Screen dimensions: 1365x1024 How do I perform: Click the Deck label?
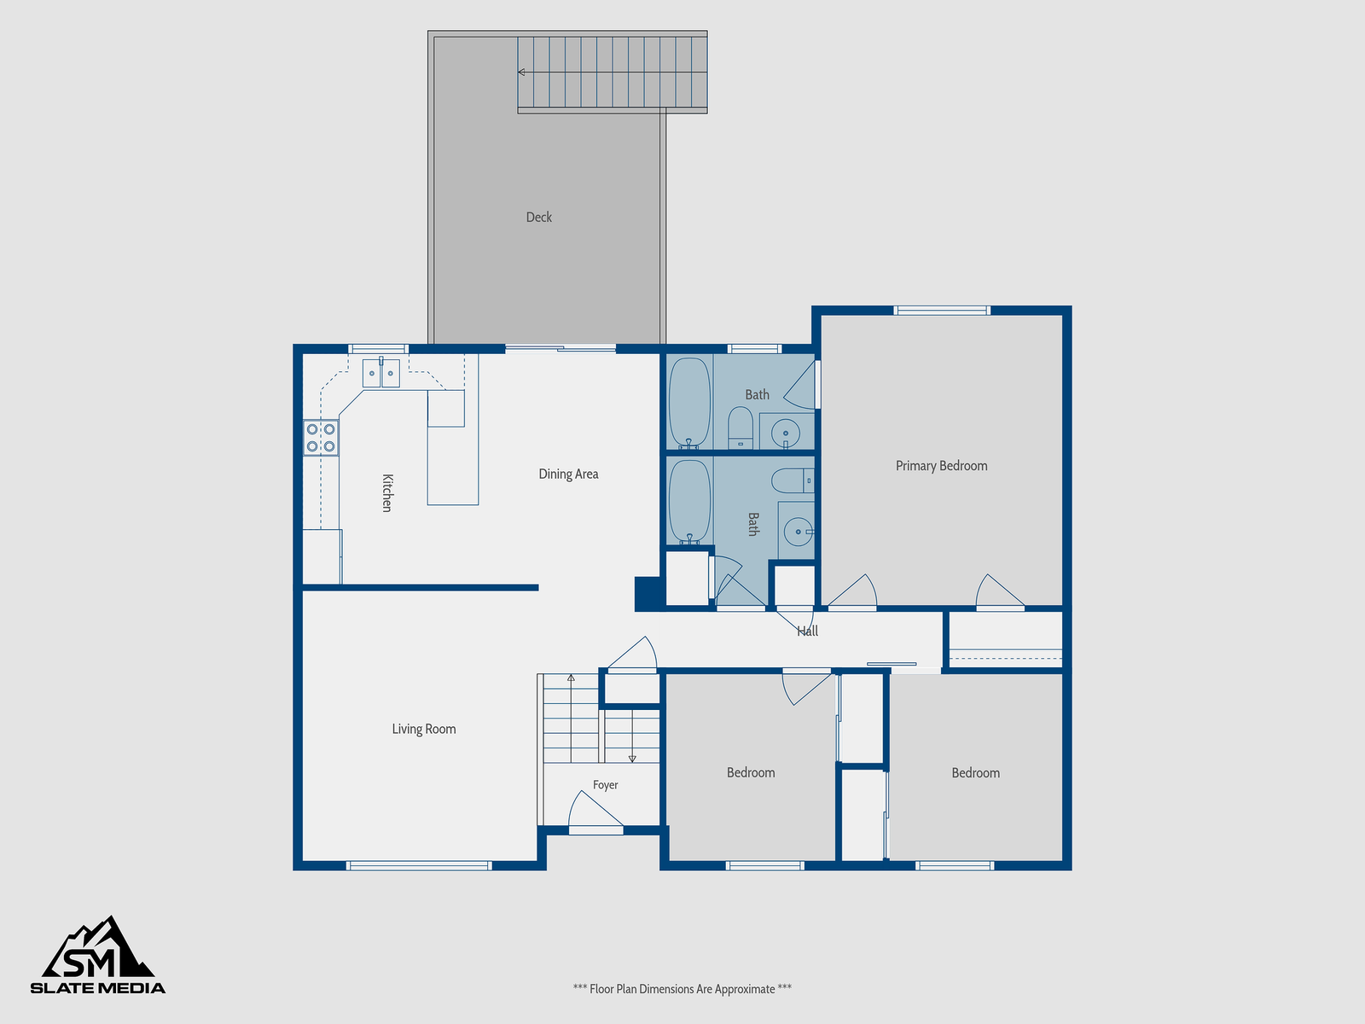pyautogui.click(x=538, y=217)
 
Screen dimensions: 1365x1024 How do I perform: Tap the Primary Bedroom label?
pyautogui.click(x=941, y=466)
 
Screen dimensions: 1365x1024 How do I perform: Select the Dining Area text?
pyautogui.click(x=568, y=474)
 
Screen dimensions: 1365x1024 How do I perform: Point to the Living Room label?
pyautogui.click(x=423, y=729)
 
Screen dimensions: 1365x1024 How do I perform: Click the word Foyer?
pyautogui.click(x=605, y=784)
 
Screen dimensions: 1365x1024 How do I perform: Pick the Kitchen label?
pyautogui.click(x=386, y=493)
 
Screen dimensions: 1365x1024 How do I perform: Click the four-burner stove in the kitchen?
pyautogui.click(x=321, y=438)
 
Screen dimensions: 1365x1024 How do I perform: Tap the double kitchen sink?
pyautogui.click(x=381, y=373)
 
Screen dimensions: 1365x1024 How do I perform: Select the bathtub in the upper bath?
pyautogui.click(x=689, y=403)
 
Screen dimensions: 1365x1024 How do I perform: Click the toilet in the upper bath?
pyautogui.click(x=740, y=428)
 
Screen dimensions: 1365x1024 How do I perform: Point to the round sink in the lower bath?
pyautogui.click(x=798, y=532)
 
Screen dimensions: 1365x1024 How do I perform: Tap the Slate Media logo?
pyautogui.click(x=97, y=955)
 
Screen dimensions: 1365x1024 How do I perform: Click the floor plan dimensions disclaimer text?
pyautogui.click(x=682, y=989)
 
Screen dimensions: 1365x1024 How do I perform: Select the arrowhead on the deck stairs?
pyautogui.click(x=521, y=73)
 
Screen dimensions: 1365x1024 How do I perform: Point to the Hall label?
pyautogui.click(x=807, y=631)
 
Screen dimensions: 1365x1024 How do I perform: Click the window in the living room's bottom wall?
pyautogui.click(x=419, y=865)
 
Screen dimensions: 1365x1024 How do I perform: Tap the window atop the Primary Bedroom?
pyautogui.click(x=942, y=311)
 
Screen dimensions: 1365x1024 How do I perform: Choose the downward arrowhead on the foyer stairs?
pyautogui.click(x=632, y=759)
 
